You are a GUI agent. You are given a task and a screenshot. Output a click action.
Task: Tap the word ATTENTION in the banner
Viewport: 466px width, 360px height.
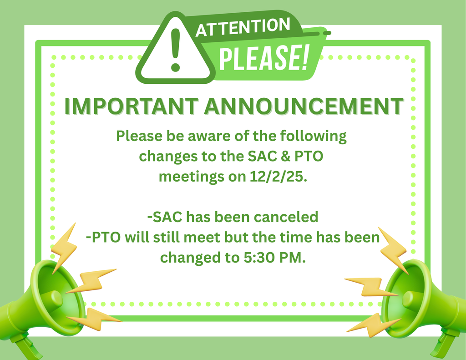pos(243,28)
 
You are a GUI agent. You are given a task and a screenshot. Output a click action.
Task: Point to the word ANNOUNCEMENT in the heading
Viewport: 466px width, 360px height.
pos(303,106)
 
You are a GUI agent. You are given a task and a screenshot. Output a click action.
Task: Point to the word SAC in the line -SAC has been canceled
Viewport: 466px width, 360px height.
pos(168,217)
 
